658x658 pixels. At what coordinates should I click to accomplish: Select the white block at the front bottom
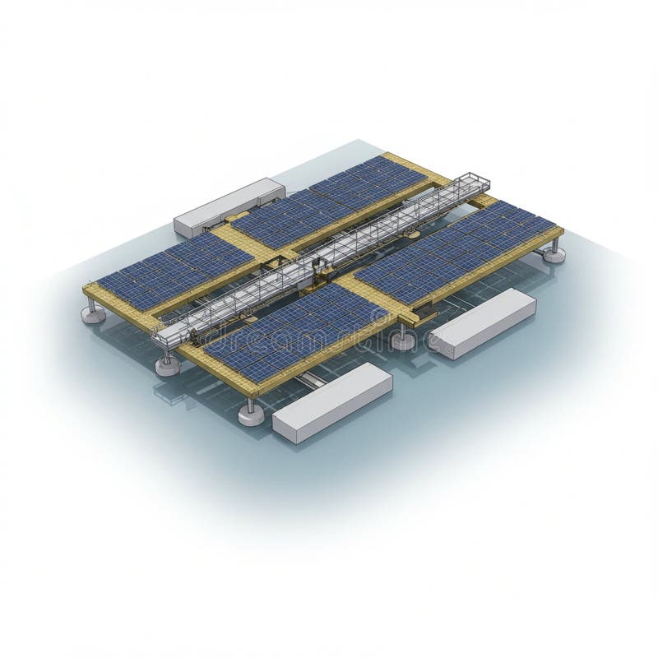click(332, 402)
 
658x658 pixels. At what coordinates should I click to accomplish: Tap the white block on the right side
click(483, 322)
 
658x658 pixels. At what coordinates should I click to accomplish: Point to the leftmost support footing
click(93, 313)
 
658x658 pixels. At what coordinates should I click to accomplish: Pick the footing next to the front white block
click(252, 413)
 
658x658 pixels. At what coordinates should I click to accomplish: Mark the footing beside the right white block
click(403, 339)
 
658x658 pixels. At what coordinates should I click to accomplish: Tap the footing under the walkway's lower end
click(168, 364)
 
